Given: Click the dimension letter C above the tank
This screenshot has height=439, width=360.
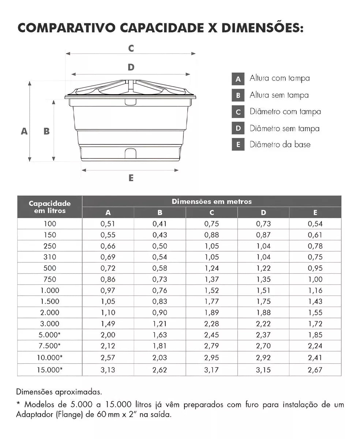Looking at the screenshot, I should (131, 48).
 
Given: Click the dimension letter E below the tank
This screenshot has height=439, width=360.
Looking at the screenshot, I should (131, 178).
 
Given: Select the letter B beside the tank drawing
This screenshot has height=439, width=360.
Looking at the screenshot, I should (46, 131).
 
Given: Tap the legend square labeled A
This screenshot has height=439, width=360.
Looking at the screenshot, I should (238, 79).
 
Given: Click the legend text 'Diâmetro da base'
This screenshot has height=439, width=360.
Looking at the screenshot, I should (280, 145).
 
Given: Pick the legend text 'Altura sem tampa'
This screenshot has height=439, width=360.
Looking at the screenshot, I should (279, 95).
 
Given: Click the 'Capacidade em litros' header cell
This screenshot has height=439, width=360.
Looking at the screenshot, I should (50, 207).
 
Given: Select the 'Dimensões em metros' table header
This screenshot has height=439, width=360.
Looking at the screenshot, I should (212, 202).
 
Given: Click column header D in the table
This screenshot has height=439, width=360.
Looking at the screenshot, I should (263, 213).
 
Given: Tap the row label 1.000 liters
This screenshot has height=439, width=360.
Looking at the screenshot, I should (50, 291).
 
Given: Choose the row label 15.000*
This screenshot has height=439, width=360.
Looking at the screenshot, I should (50, 370).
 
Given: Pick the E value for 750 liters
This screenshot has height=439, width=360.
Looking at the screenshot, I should (315, 279).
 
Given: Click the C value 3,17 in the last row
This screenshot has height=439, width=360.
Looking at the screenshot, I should (212, 370).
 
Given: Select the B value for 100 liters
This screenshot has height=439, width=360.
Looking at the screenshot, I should (160, 224).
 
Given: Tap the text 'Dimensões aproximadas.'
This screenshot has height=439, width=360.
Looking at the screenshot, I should (59, 392).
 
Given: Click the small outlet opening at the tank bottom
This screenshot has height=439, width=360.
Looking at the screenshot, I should (130, 152).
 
